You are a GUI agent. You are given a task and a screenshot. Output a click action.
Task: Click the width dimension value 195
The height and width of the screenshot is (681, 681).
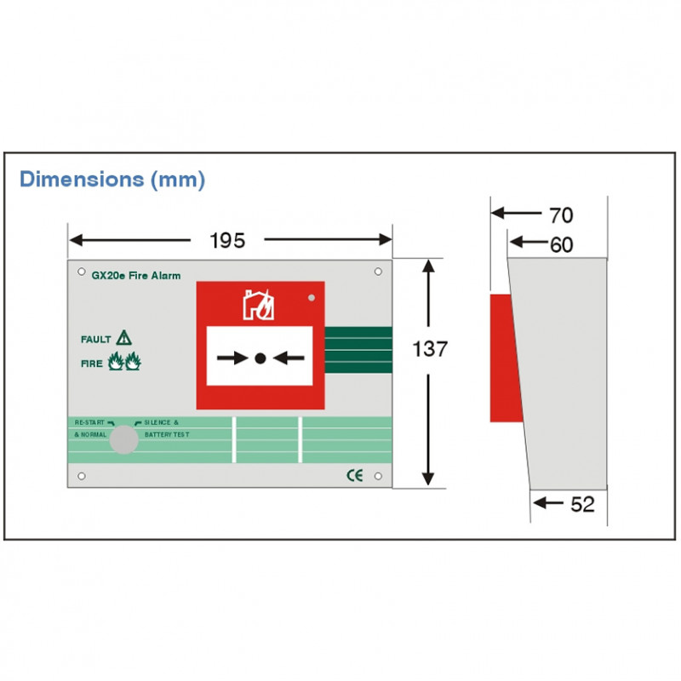point(227,240)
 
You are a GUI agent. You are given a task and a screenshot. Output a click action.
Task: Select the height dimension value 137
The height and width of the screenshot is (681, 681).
point(430,349)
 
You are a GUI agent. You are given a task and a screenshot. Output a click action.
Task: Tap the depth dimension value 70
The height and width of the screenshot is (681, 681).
point(561,215)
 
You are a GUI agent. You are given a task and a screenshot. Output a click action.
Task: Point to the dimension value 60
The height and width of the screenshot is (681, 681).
point(561,244)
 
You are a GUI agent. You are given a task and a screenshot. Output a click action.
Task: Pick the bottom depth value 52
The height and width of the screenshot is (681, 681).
point(582,504)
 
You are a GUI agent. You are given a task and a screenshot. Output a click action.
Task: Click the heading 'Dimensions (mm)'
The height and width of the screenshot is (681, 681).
point(112,180)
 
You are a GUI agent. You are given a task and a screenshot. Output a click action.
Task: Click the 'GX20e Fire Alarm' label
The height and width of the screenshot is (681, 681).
point(136,275)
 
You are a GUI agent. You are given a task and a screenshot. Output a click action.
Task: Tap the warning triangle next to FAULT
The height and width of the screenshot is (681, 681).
point(123,337)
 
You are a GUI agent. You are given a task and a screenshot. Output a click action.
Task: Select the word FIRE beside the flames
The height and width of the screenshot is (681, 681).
point(92,363)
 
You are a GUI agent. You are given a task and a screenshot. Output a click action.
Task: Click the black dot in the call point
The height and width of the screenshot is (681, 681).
point(260,358)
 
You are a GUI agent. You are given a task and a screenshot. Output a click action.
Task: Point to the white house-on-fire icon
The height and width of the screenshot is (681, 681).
point(259,305)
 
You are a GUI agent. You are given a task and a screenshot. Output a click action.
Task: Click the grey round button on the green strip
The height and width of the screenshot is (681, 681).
point(123,439)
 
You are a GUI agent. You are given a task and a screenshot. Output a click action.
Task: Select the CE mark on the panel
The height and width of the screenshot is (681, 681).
point(355,476)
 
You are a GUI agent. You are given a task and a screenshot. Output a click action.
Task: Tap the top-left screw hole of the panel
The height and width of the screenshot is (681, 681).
point(81,272)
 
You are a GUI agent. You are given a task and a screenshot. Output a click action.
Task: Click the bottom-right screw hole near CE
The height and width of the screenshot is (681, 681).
point(378,476)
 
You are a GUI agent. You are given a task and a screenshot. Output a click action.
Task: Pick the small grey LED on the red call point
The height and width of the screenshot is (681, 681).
point(312,298)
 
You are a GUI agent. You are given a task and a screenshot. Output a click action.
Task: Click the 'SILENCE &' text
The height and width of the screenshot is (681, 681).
point(161,422)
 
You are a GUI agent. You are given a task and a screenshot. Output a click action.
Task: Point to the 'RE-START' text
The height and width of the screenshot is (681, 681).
point(89,422)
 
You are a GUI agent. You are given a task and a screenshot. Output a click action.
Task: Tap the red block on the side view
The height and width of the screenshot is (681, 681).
point(506,358)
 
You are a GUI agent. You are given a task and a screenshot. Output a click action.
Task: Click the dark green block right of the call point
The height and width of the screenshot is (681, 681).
point(358,350)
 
